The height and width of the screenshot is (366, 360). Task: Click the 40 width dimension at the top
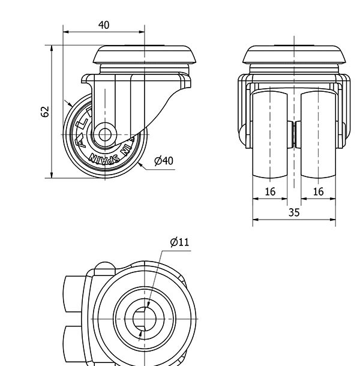coord(104,25)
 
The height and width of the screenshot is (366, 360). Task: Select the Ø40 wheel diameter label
coord(163,161)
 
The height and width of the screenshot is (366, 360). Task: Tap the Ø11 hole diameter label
coord(179,242)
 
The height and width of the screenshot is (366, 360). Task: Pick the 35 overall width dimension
coord(293,212)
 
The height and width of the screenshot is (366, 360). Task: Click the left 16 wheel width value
coord(270,191)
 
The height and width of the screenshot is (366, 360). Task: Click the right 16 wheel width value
coord(318,191)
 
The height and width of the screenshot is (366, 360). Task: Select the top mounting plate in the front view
coord(294,56)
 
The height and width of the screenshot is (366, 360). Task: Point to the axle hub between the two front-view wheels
coord(294,133)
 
